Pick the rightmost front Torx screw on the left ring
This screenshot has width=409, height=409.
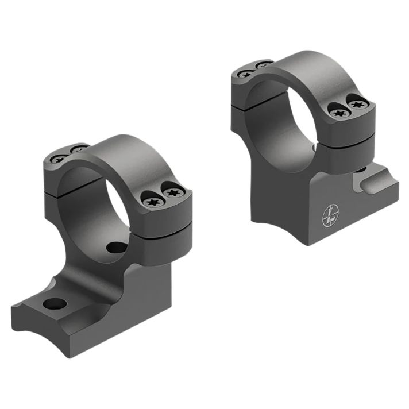pyautogui.click(x=172, y=194)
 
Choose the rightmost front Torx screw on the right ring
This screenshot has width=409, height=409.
pyautogui.click(x=358, y=105)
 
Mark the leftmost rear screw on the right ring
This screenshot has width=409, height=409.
pyautogui.click(x=245, y=73)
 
